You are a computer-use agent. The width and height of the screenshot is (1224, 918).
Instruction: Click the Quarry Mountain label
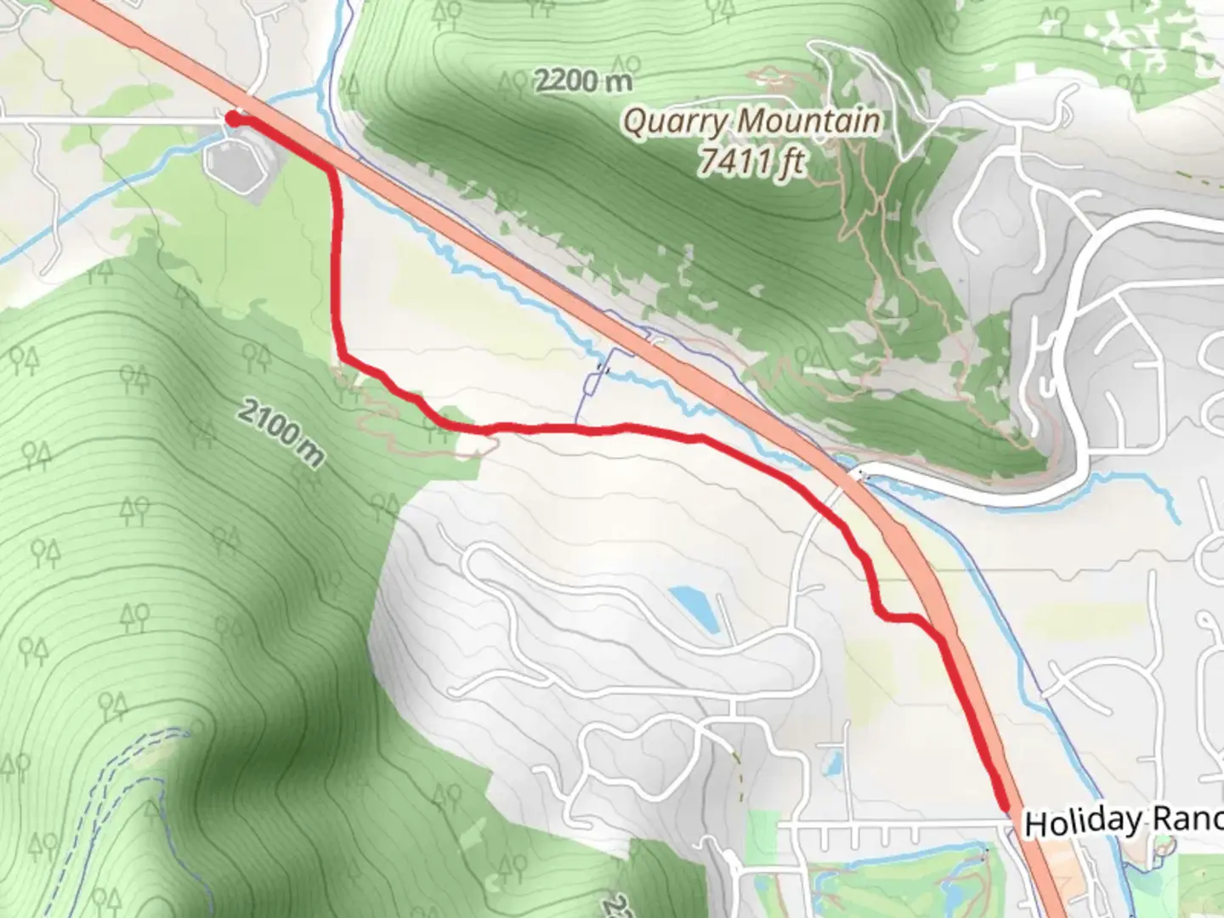point(751,122)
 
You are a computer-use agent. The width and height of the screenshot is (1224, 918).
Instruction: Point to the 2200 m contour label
point(584,81)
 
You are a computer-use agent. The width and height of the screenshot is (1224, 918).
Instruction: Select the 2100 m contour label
point(280,433)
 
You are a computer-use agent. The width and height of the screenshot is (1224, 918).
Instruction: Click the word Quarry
point(676,122)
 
